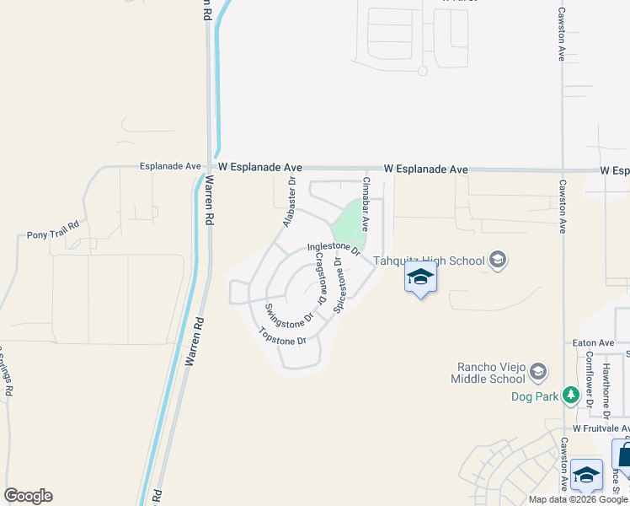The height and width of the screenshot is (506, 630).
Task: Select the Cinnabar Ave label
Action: [366, 204]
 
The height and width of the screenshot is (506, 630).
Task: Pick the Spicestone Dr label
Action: [339, 286]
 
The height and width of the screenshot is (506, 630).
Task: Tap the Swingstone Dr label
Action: [289, 316]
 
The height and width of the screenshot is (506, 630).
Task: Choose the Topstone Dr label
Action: [282, 336]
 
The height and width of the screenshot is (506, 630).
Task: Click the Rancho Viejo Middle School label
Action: [491, 373]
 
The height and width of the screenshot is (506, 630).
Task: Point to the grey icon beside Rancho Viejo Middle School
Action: [539, 371]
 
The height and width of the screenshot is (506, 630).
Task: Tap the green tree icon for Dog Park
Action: [570, 396]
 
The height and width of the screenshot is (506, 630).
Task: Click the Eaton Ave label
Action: [595, 343]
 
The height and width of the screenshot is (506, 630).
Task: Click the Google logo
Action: [28, 496]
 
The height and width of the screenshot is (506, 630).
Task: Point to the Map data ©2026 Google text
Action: [579, 499]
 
